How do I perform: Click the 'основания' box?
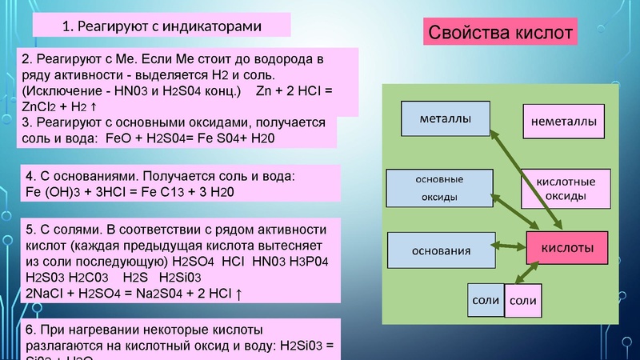pyautogui.click(x=441, y=250)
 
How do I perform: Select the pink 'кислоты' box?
pyautogui.click(x=568, y=248)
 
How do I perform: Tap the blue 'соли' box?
pyautogui.click(x=486, y=301)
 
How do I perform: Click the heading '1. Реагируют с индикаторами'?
pyautogui.click(x=162, y=26)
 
